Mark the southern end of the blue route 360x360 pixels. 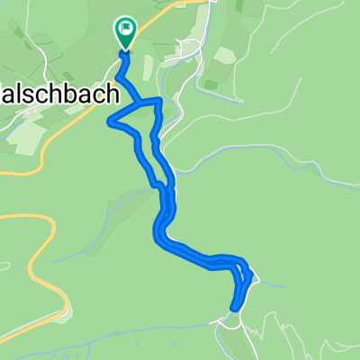click(235, 308)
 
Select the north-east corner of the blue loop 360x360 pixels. click(160, 100)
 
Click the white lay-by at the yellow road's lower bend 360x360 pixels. click(63, 314)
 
